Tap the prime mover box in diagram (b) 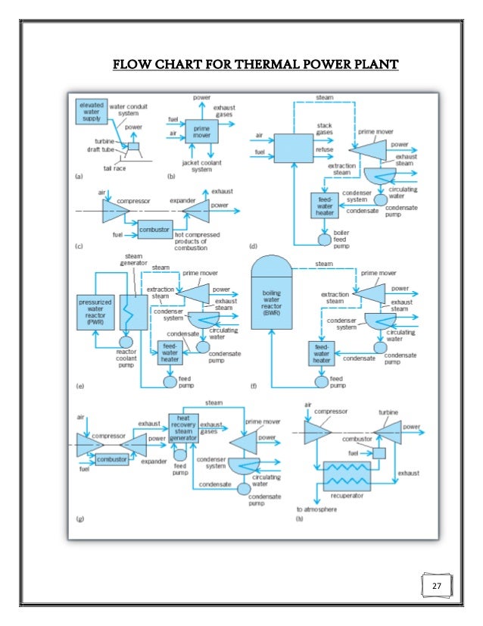pyautogui.click(x=201, y=132)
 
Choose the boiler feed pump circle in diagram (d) pyautogui.click(x=323, y=239)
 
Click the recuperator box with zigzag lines pyautogui.click(x=347, y=478)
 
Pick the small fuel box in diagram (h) pyautogui.click(x=379, y=452)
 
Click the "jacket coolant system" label pyautogui.click(x=201, y=165)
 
